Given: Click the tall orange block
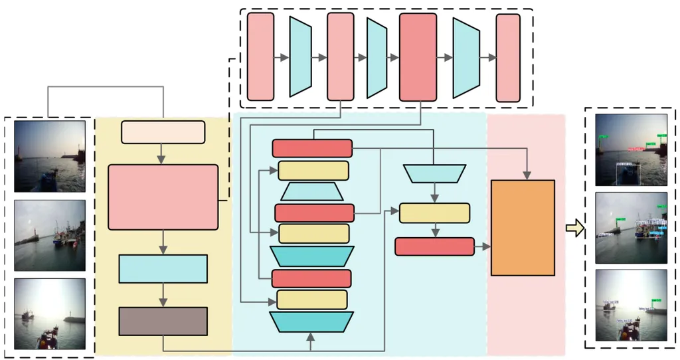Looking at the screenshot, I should point(523,228).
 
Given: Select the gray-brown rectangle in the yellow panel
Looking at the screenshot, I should point(163,321).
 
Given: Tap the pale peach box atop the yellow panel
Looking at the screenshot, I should point(163,132).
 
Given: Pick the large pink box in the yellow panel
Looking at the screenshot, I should point(163,197).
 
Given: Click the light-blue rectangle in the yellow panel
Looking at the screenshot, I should point(163,268).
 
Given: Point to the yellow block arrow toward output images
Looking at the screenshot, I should point(575,229).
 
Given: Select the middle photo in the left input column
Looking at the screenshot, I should point(50,235).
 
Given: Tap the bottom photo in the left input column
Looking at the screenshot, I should point(50,314).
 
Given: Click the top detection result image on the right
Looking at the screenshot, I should point(630,150).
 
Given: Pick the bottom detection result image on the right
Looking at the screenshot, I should point(630,305).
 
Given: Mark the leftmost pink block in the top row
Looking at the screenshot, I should point(260,57).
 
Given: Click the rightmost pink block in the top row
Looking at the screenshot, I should point(508,58).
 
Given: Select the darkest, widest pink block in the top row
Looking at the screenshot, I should point(418,57).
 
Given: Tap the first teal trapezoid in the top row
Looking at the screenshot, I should point(300,57).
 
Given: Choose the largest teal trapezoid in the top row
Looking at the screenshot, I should point(466,58).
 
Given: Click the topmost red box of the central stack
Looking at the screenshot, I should point(312,148).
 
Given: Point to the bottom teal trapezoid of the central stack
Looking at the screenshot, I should point(311,321).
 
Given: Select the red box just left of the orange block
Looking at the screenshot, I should point(434,246).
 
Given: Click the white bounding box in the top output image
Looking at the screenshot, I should point(626,174).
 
